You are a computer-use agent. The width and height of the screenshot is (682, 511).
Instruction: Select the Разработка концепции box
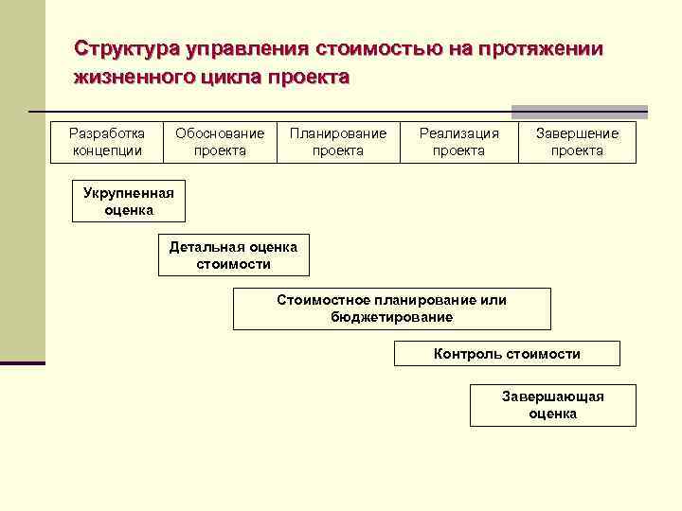coord(107,141)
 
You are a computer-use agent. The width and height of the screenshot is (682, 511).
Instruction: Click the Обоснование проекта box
coord(220,141)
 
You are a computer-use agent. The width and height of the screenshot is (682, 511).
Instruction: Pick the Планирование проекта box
coord(338,141)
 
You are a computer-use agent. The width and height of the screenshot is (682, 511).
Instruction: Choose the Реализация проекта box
coord(458,141)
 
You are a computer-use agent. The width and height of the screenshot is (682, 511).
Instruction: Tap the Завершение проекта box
coord(577,141)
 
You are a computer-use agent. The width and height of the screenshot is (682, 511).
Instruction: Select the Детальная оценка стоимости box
coord(233,255)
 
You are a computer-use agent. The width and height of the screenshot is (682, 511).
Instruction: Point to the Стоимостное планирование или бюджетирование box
coord(391,308)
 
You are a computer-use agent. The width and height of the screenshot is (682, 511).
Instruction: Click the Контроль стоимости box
coord(507,354)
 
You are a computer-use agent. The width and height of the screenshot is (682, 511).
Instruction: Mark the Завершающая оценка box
coord(553,405)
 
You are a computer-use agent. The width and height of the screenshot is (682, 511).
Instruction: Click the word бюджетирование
coord(392,317)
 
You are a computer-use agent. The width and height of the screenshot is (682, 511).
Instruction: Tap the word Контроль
coord(468,354)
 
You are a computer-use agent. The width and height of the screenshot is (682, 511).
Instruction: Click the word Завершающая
coord(553,396)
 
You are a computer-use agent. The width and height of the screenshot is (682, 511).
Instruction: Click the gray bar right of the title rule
coord(579,112)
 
